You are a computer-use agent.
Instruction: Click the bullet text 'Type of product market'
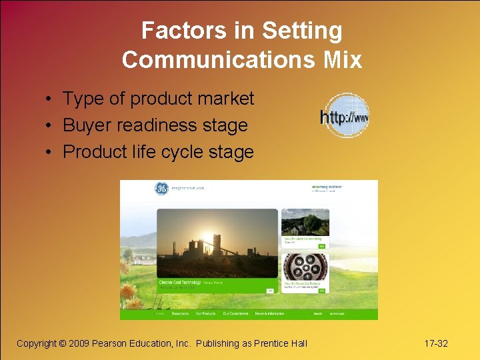click(158, 99)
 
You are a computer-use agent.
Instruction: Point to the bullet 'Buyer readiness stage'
click(155, 125)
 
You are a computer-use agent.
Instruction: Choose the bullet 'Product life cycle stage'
click(158, 152)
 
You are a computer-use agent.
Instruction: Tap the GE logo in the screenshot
click(162, 189)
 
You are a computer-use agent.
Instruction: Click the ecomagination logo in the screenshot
click(327, 188)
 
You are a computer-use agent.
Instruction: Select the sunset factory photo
click(217, 243)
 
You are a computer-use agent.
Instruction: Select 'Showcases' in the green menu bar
click(180, 313)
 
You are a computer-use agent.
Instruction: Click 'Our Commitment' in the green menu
click(235, 313)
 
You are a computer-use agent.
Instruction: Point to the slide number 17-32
click(436, 343)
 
